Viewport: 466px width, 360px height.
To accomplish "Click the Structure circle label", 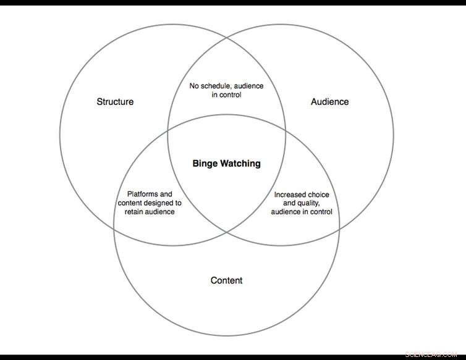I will (115, 102).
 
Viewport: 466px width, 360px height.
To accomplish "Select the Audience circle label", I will (329, 102).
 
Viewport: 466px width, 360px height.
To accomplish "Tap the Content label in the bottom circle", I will (226, 280).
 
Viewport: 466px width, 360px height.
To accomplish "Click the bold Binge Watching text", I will (227, 164).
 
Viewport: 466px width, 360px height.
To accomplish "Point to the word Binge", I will (205, 164).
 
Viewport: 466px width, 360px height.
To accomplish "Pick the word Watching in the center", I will (240, 164).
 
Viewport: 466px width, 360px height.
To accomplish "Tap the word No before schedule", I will (194, 86).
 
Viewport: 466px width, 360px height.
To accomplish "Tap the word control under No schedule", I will (231, 95).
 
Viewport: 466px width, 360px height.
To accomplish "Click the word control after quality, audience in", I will (320, 212).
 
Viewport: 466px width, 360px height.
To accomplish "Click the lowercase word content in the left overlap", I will (131, 203).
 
